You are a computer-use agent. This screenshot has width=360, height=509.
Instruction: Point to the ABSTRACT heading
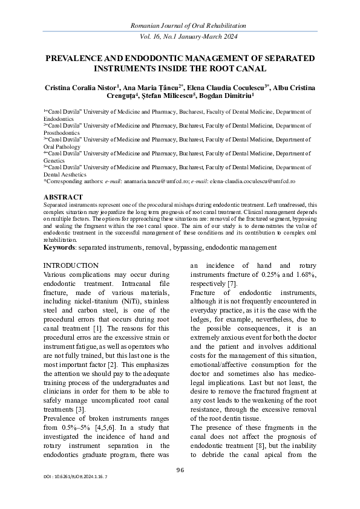[64, 197]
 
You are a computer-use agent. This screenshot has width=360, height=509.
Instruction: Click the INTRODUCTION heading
[71, 265]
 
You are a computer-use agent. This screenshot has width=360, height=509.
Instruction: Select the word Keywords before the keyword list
[59, 247]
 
